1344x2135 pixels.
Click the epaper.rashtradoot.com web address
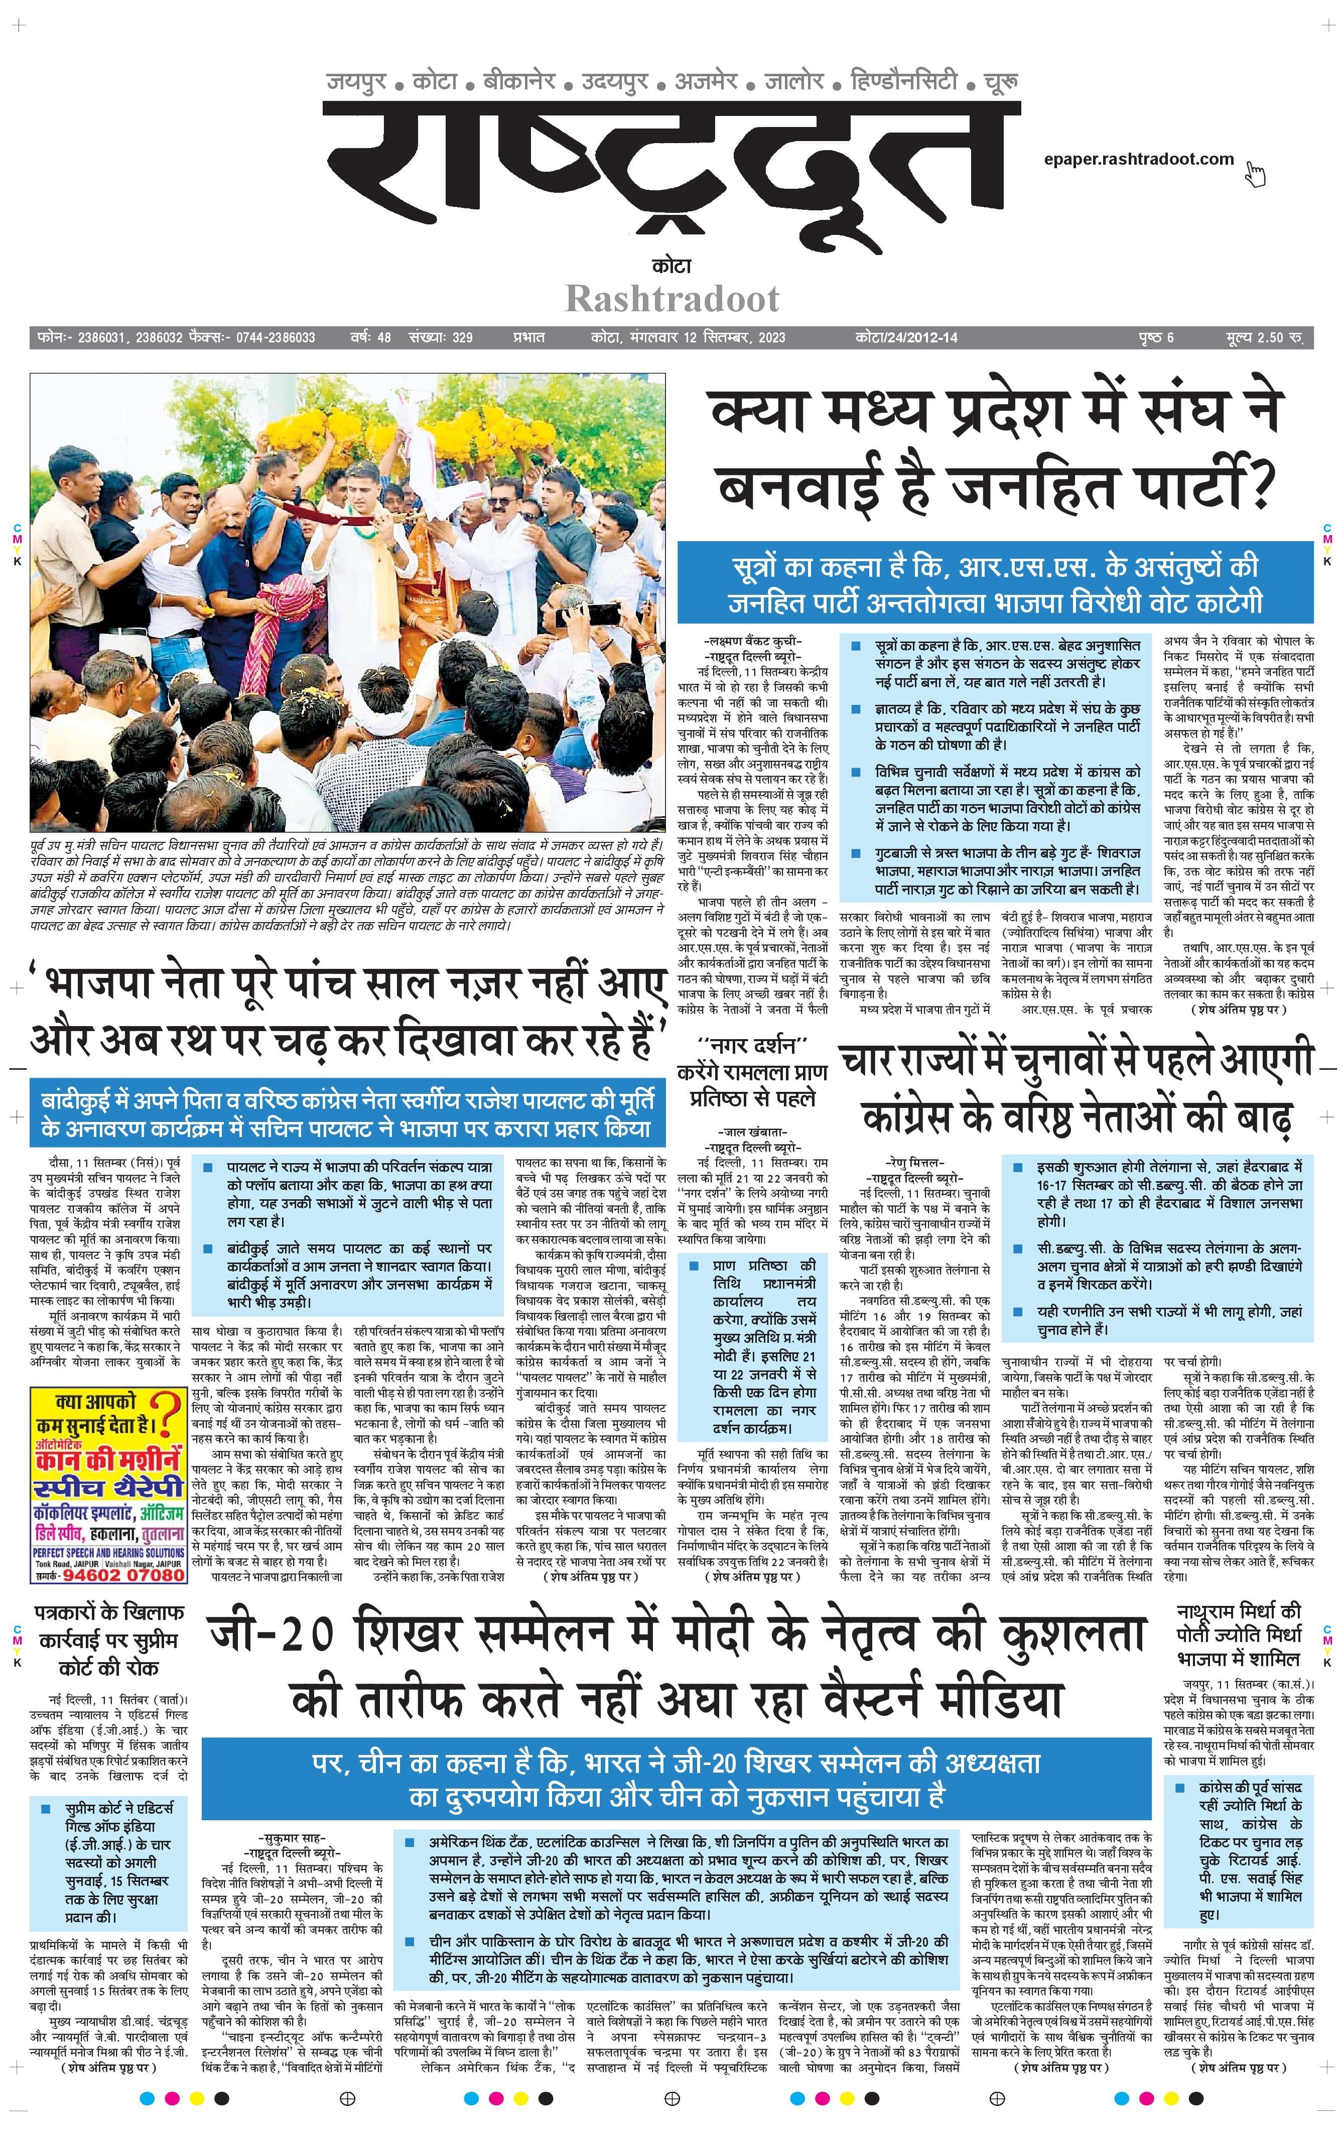coord(1138,160)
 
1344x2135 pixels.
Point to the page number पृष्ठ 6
coord(1156,338)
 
